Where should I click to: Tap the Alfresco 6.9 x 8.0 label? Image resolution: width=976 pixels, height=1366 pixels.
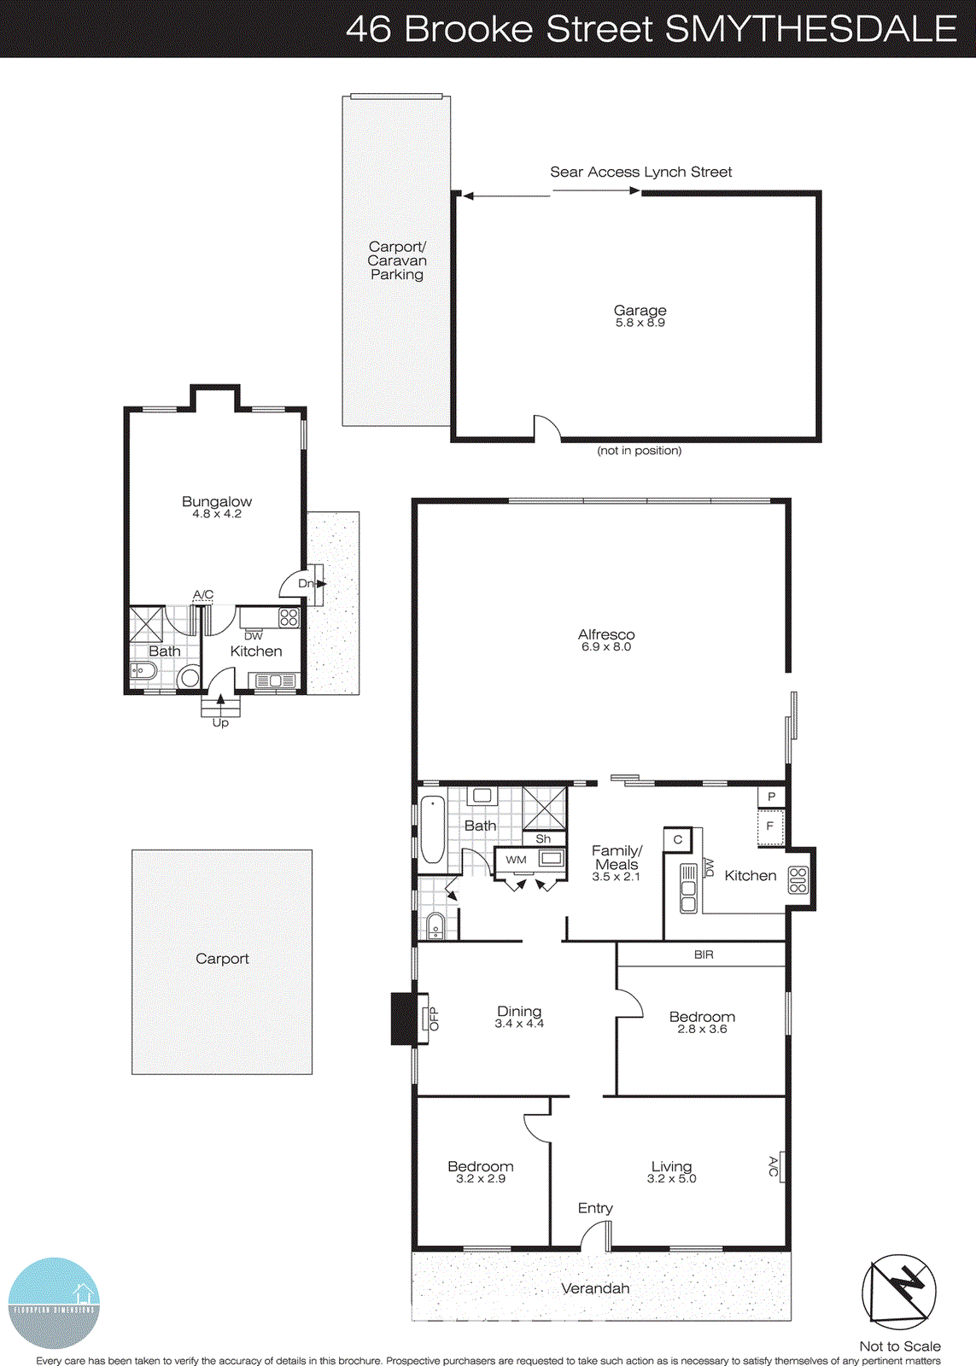pyautogui.click(x=606, y=639)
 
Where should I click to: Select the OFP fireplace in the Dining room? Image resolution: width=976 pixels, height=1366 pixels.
pyautogui.click(x=424, y=1019)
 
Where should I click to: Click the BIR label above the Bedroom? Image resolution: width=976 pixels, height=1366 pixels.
pyautogui.click(x=704, y=954)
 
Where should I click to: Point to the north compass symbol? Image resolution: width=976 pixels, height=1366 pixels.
pyautogui.click(x=899, y=1291)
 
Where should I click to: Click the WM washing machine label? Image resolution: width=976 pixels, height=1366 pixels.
pyautogui.click(x=516, y=860)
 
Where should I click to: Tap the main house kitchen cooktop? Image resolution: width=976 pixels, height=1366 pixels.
pyautogui.click(x=798, y=880)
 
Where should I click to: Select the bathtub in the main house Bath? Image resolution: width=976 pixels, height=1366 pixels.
pyautogui.click(x=433, y=829)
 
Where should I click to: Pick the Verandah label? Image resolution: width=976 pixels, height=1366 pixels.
pyautogui.click(x=595, y=1288)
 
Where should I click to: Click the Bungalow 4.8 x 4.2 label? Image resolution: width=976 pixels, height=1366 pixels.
pyautogui.click(x=217, y=506)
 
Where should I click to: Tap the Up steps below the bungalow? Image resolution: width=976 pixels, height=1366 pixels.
pyautogui.click(x=220, y=709)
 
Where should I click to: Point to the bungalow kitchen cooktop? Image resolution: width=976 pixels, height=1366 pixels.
pyautogui.click(x=289, y=617)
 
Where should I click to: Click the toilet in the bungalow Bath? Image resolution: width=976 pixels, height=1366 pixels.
pyautogui.click(x=189, y=678)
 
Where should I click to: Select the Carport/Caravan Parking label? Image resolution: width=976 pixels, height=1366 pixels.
pyautogui.click(x=397, y=260)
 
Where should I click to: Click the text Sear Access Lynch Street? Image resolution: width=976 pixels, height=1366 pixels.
pyautogui.click(x=640, y=172)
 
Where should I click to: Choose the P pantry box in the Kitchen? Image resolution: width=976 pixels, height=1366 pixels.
pyautogui.click(x=771, y=797)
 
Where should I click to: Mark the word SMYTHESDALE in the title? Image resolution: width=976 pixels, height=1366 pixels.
pyautogui.click(x=810, y=29)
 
